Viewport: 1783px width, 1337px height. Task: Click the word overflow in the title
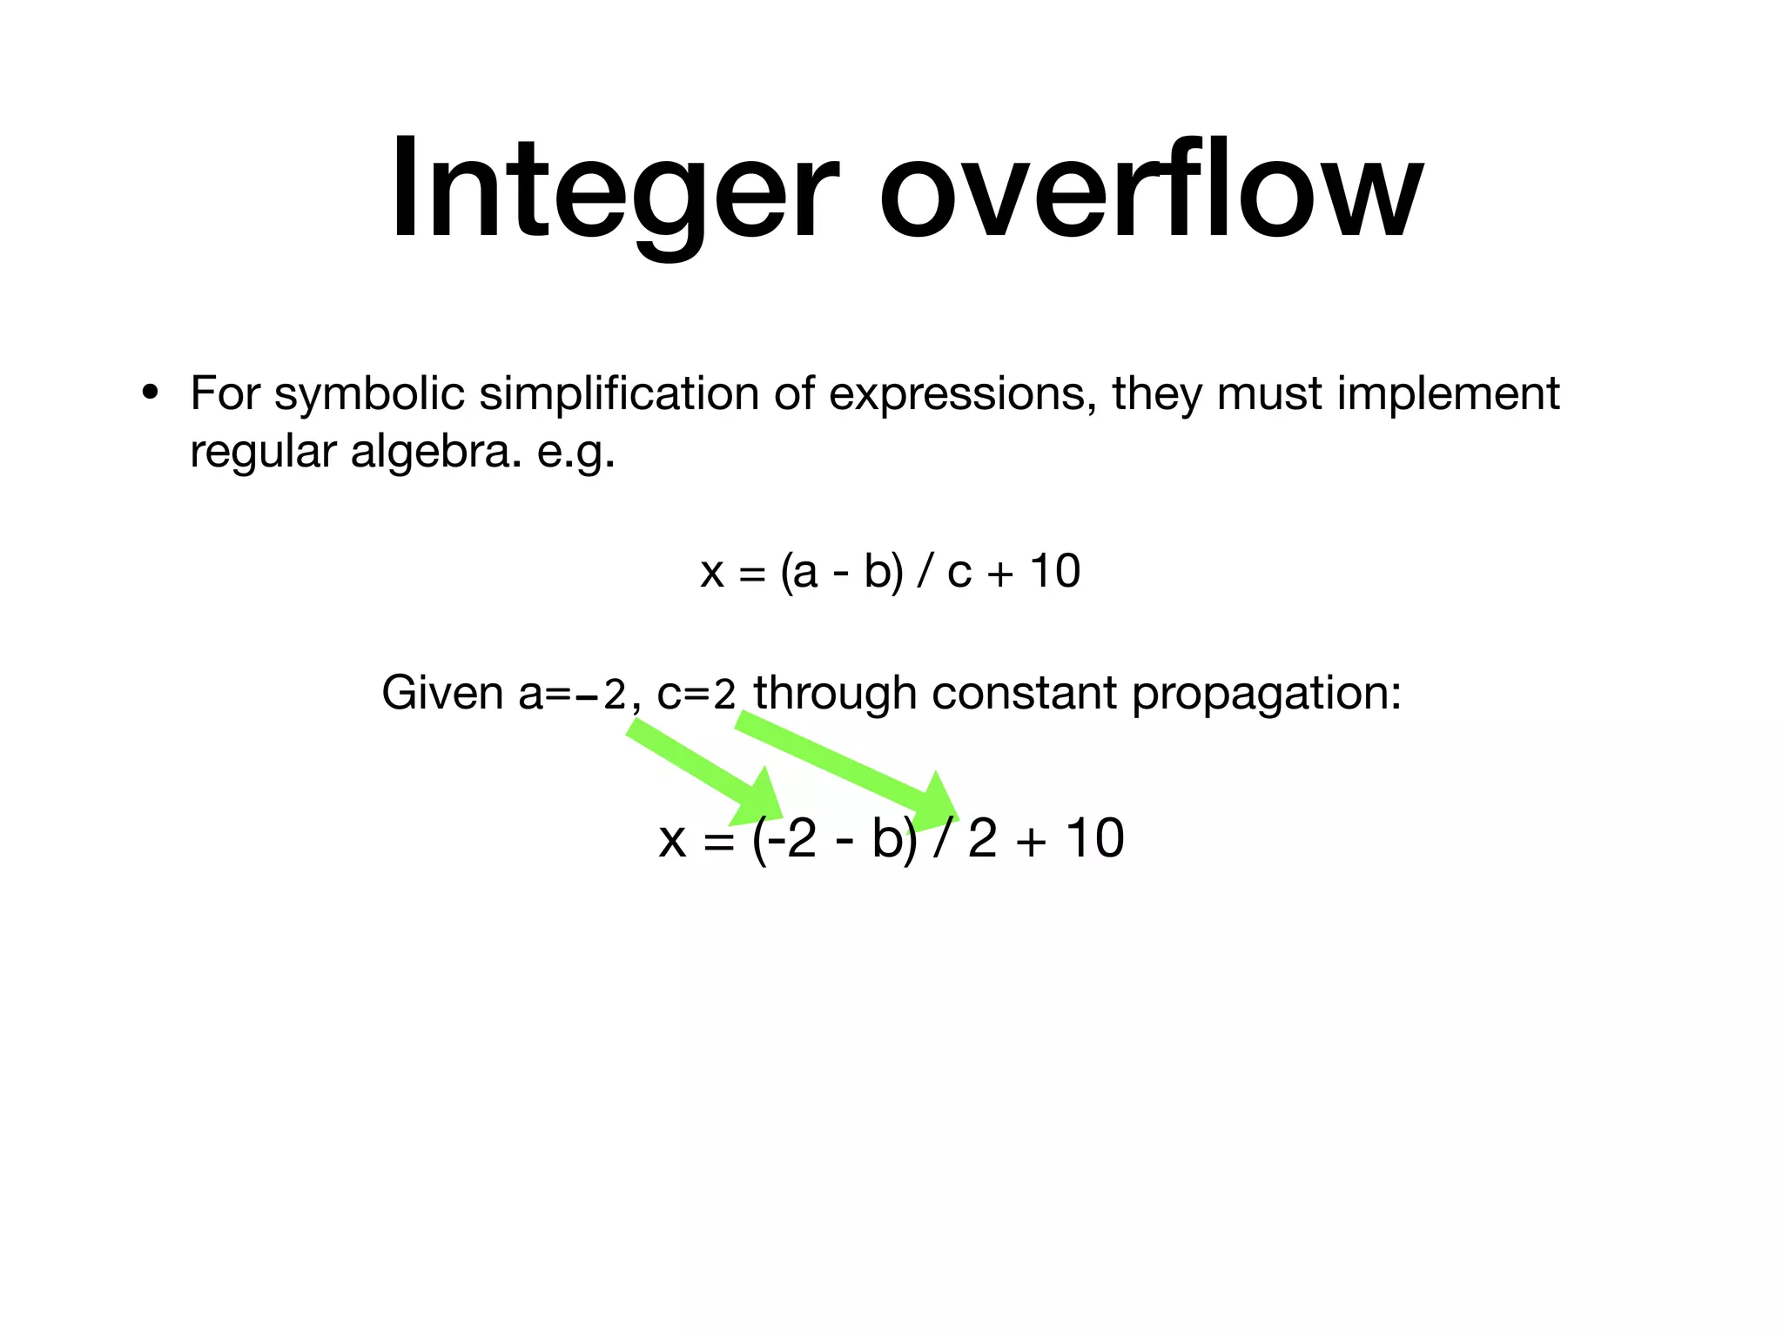click(x=1150, y=189)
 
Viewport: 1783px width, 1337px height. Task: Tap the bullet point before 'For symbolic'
click(x=151, y=393)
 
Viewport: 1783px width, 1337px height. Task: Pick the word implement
click(x=1449, y=393)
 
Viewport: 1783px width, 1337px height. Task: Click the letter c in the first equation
click(x=959, y=573)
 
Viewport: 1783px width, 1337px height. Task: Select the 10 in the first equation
click(x=1054, y=572)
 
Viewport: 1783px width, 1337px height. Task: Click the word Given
click(x=442, y=694)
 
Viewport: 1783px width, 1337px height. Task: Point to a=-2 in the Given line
click(x=572, y=694)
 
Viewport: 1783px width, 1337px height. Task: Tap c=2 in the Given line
click(x=696, y=694)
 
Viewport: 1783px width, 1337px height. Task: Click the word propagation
click(x=1267, y=694)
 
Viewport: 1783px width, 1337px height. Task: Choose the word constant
click(x=1023, y=694)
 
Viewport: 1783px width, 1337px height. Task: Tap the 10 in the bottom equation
click(x=1095, y=839)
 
